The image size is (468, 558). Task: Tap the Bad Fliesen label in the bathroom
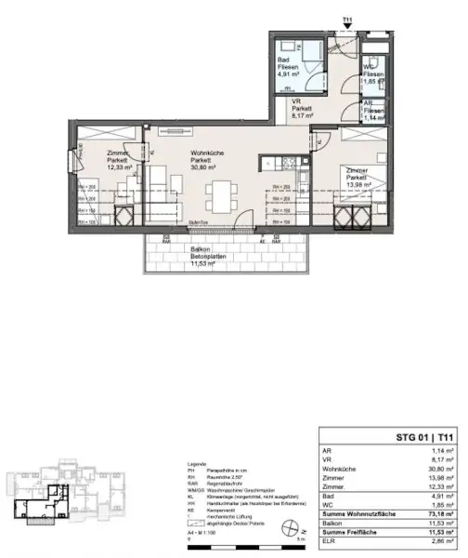tap(288, 65)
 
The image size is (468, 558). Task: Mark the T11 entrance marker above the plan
tap(347, 20)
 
